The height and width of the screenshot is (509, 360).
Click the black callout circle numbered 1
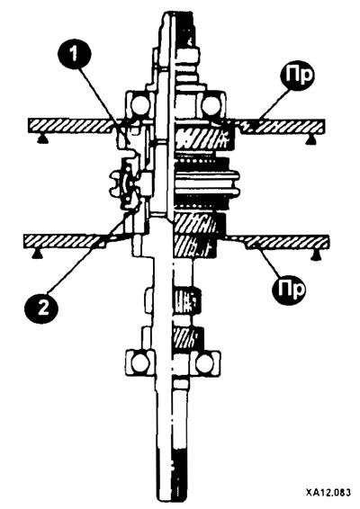[75, 52]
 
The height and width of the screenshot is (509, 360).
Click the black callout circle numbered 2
[41, 307]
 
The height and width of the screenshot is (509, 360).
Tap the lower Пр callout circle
[289, 289]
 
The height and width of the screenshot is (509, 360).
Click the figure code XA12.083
[328, 493]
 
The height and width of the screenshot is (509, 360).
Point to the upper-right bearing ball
[211, 105]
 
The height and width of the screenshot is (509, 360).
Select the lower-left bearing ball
[139, 363]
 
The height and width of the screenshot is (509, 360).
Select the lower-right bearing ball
[204, 363]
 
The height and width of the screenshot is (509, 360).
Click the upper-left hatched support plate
[73, 126]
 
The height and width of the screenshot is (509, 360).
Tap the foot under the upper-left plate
[42, 139]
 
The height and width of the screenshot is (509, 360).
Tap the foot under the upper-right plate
[310, 139]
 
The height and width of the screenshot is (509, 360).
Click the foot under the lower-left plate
[37, 255]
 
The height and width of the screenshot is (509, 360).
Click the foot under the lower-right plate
[314, 256]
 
